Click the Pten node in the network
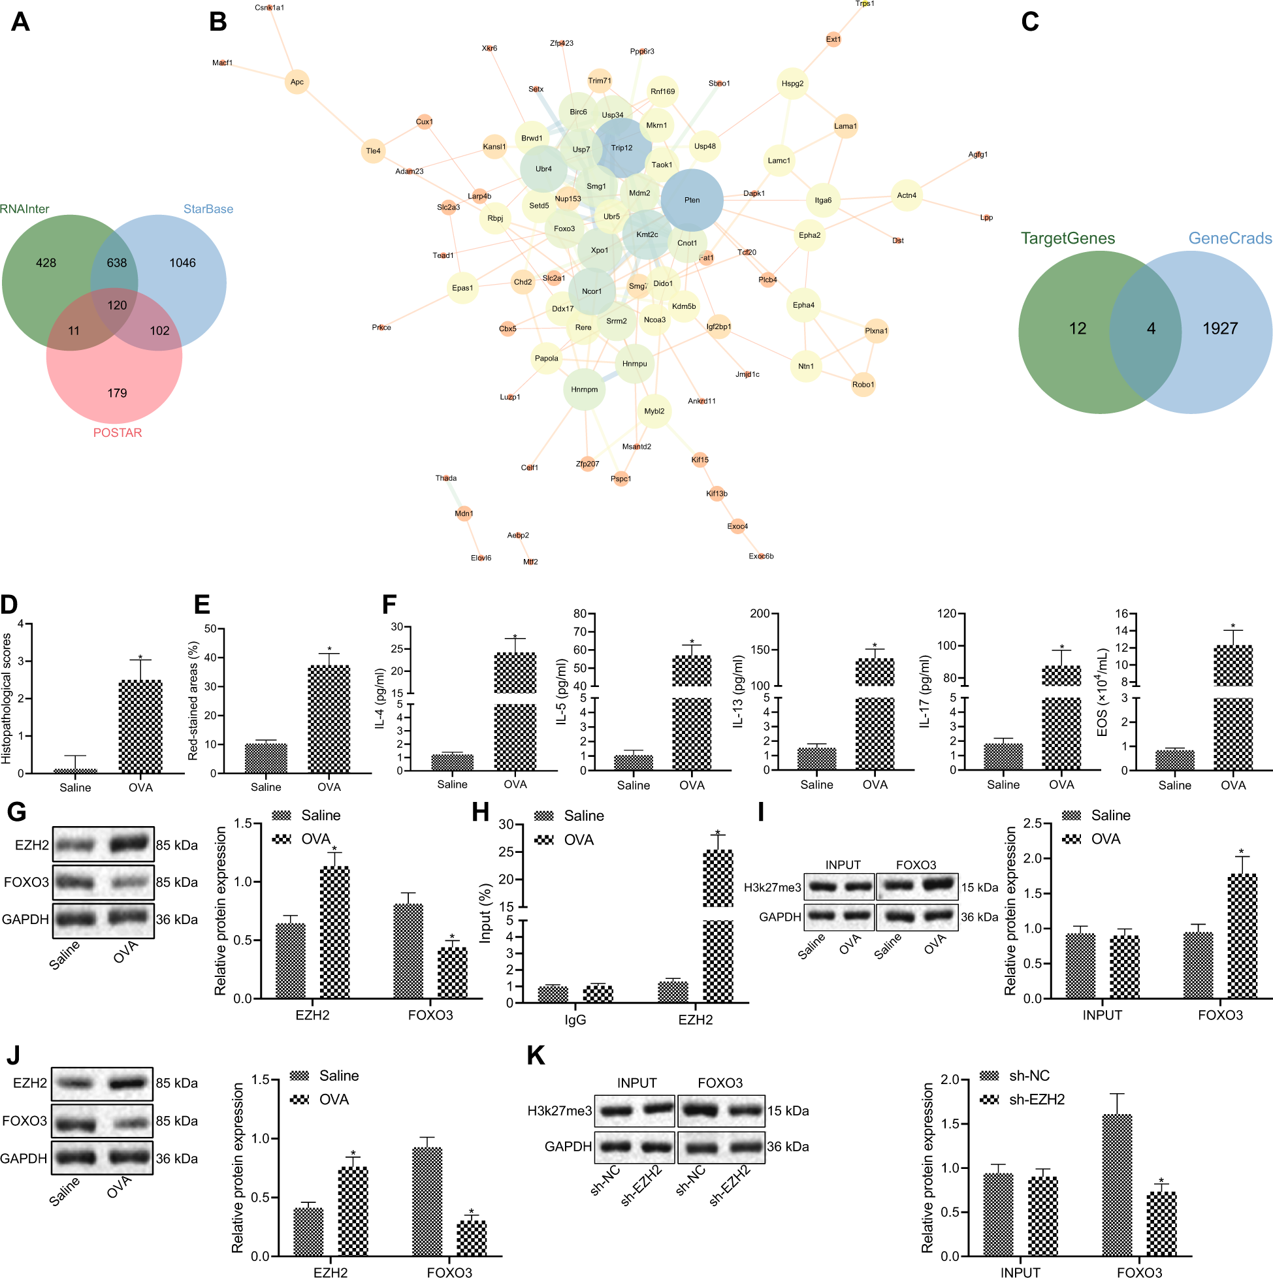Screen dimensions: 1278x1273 [692, 200]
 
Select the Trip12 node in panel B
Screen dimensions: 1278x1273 [621, 148]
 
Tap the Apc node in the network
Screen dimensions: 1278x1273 [297, 82]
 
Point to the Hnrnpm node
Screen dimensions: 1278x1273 [584, 390]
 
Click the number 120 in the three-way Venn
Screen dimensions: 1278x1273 [117, 305]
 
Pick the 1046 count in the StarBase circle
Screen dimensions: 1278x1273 [182, 263]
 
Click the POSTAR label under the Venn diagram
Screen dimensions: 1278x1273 [117, 432]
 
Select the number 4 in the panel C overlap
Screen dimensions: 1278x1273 [1151, 328]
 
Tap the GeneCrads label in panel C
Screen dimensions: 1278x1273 [1229, 238]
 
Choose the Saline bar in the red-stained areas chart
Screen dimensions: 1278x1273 [266, 758]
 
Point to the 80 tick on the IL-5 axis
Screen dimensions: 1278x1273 [579, 613]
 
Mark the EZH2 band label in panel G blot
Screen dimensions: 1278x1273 [32, 845]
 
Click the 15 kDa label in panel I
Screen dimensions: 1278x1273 [979, 887]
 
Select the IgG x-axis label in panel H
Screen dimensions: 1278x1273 [575, 1019]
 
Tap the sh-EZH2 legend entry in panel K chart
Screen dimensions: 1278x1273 [1036, 1100]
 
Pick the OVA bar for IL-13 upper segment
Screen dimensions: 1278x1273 [874, 672]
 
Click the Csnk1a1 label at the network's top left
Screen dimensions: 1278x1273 [269, 8]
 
